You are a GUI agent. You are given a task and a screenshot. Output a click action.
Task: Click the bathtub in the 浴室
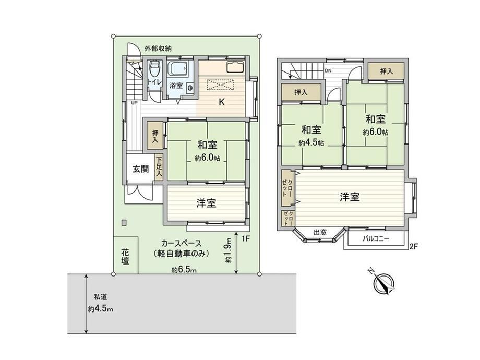pyautogui.click(x=177, y=69)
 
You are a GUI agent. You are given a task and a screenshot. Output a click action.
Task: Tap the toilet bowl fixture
pyautogui.click(x=154, y=70)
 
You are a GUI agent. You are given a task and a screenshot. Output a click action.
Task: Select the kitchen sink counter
pyautogui.click(x=235, y=67)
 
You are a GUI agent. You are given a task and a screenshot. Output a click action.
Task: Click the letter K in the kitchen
pyautogui.click(x=221, y=102)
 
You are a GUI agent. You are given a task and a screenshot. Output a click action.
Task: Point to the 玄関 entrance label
pyautogui.click(x=140, y=169)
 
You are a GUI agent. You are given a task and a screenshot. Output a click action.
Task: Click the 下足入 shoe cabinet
pyautogui.click(x=159, y=167)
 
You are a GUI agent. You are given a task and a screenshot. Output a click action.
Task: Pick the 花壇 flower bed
pyautogui.click(x=125, y=257)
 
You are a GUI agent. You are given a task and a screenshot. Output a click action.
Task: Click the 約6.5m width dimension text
pyautogui.click(x=184, y=270)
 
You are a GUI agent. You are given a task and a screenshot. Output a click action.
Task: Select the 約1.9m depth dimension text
pyautogui.click(x=229, y=250)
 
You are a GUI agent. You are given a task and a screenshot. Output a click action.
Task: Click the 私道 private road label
pyautogui.click(x=100, y=297)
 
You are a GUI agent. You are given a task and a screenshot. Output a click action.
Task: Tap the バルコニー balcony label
pyautogui.click(x=376, y=238)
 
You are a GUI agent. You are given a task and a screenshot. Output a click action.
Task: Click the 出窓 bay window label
pyautogui.click(x=320, y=232)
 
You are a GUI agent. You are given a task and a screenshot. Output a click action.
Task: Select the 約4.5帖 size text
pyautogui.click(x=311, y=143)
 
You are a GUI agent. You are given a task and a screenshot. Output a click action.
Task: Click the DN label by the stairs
pyautogui.click(x=328, y=71)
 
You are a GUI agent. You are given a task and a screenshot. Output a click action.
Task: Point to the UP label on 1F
pyautogui.click(x=135, y=103)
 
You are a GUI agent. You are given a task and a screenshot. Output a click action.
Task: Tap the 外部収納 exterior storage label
pyautogui.click(x=158, y=49)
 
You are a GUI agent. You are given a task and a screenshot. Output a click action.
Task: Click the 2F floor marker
pyautogui.click(x=414, y=246)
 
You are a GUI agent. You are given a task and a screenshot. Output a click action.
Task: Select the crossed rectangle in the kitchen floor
pyautogui.click(x=221, y=85)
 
